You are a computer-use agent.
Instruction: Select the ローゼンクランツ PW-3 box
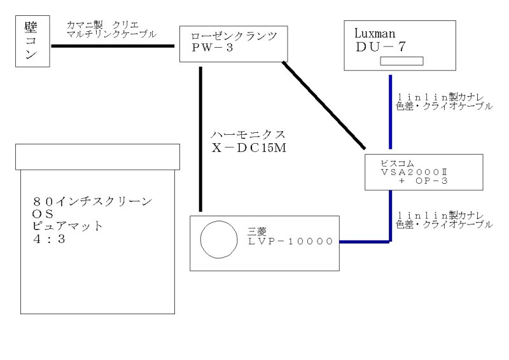pos(230,44)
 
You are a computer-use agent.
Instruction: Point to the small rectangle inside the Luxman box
pos(401,61)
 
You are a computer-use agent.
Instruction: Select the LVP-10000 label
pos(290,242)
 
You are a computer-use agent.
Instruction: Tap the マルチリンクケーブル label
pos(112,34)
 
